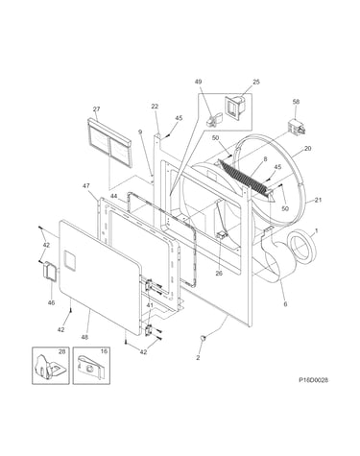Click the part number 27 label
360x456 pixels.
tap(96, 109)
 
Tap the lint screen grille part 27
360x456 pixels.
tap(109, 142)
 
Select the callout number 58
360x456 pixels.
tap(296, 102)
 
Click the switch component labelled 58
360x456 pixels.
tap(297, 127)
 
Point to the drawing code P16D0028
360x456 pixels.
tap(313, 380)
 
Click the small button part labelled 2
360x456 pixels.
tap(203, 337)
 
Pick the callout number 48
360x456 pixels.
tap(84, 337)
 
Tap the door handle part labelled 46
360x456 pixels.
tap(50, 272)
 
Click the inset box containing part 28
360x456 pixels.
tap(51, 366)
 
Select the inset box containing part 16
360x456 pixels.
tap(91, 366)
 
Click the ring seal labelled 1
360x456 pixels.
tap(302, 249)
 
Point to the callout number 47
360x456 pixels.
tap(86, 186)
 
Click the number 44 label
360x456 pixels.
tap(114, 196)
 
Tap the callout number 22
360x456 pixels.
tap(155, 107)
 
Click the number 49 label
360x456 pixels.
tap(198, 82)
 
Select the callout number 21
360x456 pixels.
tap(318, 200)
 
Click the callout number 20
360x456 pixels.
tap(308, 149)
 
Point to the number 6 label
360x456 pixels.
tap(285, 303)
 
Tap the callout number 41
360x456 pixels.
tap(150, 305)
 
